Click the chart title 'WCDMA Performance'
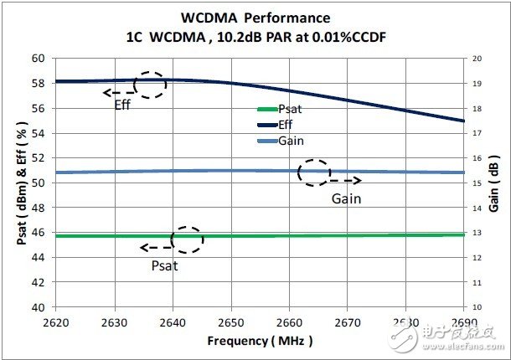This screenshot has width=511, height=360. click(256, 17)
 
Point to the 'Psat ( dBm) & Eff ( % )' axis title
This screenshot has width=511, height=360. click(18, 183)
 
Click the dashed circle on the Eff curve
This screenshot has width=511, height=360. click(150, 85)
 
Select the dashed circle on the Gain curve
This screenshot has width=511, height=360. click(314, 172)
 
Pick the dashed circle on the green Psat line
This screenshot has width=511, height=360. click(187, 239)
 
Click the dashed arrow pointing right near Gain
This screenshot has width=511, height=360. click(345, 180)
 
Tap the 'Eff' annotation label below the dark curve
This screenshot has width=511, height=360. click(124, 105)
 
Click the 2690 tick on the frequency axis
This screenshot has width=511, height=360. click(463, 321)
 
